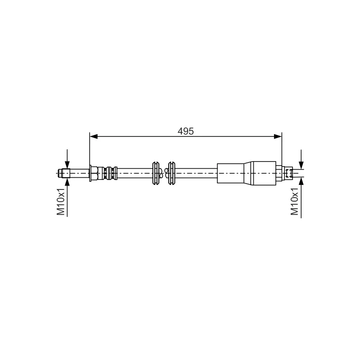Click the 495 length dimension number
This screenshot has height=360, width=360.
coord(185,131)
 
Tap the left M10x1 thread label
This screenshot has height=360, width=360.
coord(61,202)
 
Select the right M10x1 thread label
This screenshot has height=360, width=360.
coord(295,201)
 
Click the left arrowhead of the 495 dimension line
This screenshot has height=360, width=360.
coord(94,137)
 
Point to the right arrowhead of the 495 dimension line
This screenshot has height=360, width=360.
coord(278,137)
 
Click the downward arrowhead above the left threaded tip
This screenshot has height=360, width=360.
coord(67,165)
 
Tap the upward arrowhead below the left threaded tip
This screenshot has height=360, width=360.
coord(67,182)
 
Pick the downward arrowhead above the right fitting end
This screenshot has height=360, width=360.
coord(301,166)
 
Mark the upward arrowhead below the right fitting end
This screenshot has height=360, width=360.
coord(301,181)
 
